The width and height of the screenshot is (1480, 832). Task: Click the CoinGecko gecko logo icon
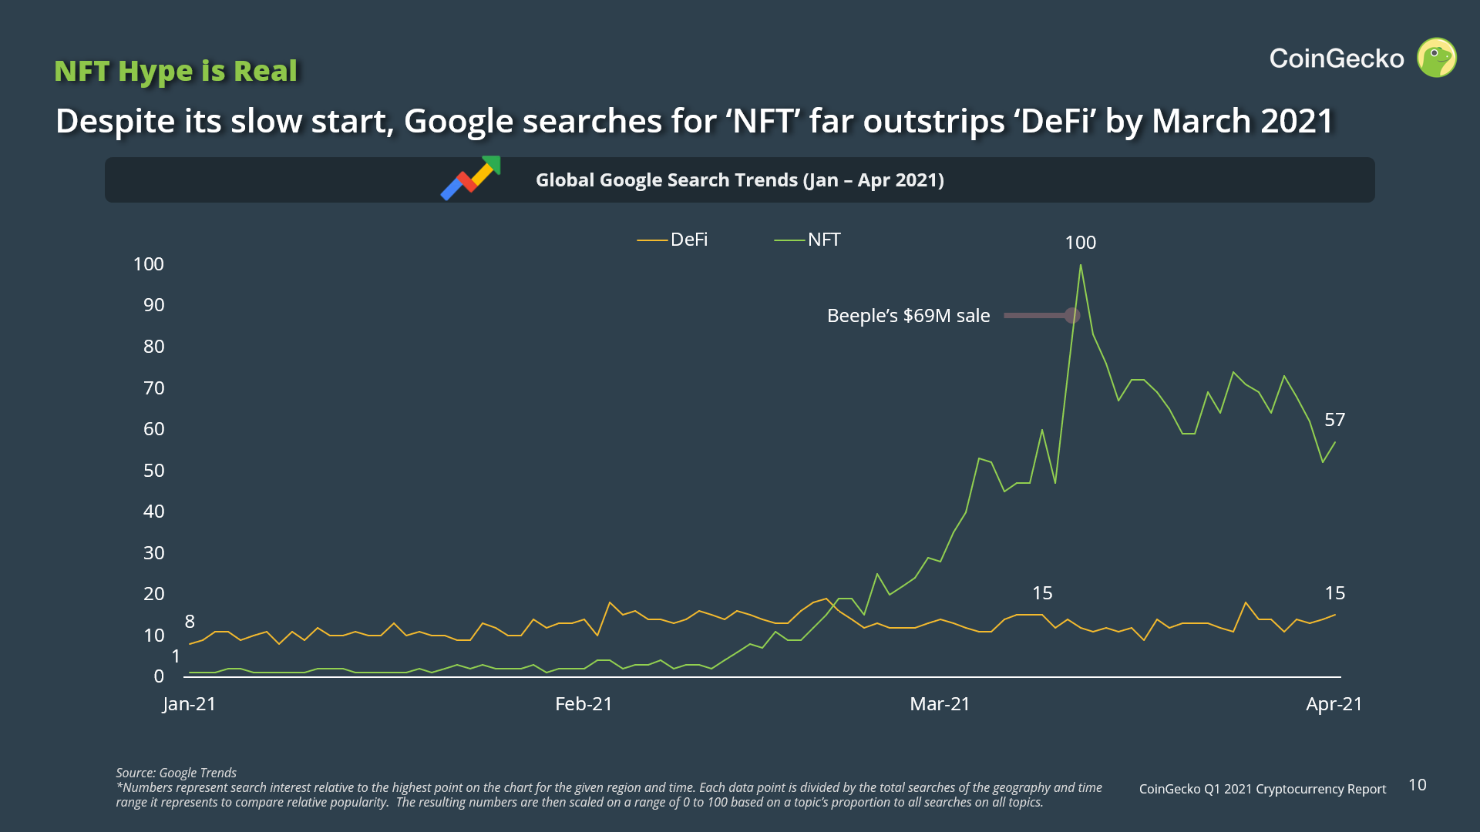(1437, 58)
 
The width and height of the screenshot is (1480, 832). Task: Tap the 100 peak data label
(1080, 243)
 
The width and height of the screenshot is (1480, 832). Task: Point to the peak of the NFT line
(1081, 266)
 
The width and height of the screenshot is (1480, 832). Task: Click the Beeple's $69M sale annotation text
(908, 316)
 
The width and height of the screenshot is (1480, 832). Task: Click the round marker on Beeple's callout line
(1071, 315)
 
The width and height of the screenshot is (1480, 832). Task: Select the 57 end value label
(1334, 420)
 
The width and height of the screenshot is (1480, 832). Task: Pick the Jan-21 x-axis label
(189, 704)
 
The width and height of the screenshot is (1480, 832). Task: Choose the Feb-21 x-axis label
(584, 704)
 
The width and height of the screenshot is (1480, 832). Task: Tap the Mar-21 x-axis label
(940, 704)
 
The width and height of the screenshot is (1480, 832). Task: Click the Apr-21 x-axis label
(1334, 704)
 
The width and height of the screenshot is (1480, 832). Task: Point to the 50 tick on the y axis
(153, 471)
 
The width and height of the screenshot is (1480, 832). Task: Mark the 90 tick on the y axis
(153, 305)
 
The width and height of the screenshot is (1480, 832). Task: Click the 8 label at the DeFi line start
(190, 622)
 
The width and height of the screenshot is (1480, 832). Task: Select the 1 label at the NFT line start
(176, 656)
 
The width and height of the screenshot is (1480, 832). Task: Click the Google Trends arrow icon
(471, 178)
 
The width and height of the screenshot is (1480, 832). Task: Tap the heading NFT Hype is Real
(176, 71)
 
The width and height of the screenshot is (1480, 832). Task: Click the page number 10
(1417, 785)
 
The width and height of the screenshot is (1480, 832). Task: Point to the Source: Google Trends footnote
(176, 773)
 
